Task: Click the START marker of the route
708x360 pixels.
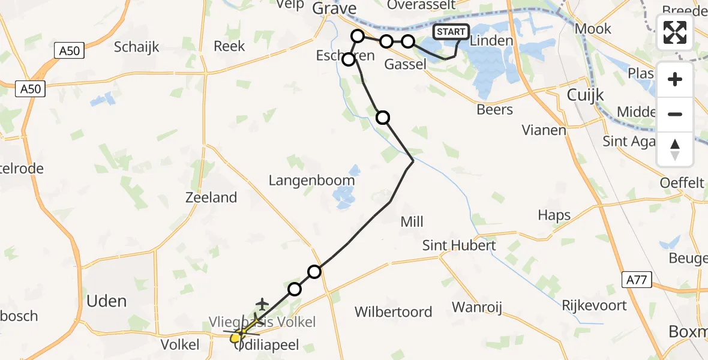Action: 451,32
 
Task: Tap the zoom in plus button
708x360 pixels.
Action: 675,80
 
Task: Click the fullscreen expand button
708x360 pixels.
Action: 675,32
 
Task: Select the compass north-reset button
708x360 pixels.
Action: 675,148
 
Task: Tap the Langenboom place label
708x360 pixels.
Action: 311,180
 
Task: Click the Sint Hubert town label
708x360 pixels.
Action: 459,245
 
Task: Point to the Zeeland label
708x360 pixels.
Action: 211,197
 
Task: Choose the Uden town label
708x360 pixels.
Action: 107,301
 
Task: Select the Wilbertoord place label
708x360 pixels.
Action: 393,312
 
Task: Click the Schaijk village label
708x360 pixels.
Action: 137,46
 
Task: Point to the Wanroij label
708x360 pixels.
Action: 476,308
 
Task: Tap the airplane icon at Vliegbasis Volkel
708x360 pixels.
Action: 262,305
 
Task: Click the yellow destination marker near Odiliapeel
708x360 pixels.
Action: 236,336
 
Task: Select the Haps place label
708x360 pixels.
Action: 554,215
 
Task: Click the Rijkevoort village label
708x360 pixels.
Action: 594,305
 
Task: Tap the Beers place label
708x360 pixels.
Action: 494,110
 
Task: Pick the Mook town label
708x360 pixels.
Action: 593,28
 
